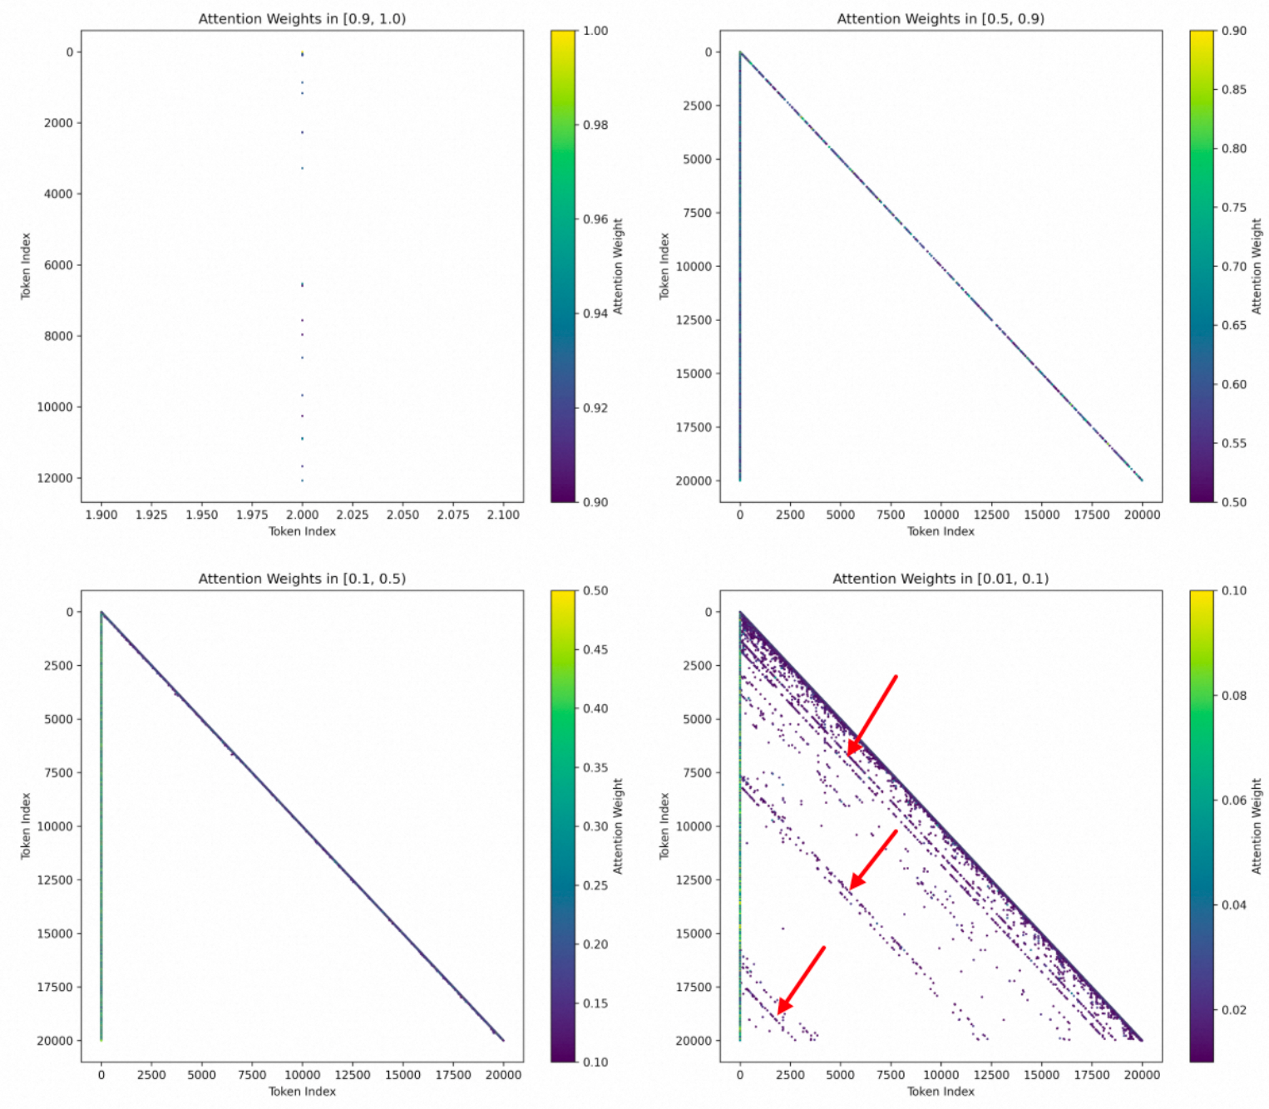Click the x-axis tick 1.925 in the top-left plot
[151, 515]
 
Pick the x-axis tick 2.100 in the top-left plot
[503, 515]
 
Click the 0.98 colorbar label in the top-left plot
[595, 125]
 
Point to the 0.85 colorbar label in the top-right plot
[1234, 89]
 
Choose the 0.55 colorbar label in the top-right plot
[1234, 443]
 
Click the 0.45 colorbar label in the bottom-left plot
[595, 649]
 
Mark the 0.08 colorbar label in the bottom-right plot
[1234, 695]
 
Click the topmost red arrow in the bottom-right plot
[872, 715]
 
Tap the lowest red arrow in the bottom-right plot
[801, 980]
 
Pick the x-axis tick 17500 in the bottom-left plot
[453, 1074]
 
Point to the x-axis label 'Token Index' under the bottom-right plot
[941, 1091]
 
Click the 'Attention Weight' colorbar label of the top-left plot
[618, 266]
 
